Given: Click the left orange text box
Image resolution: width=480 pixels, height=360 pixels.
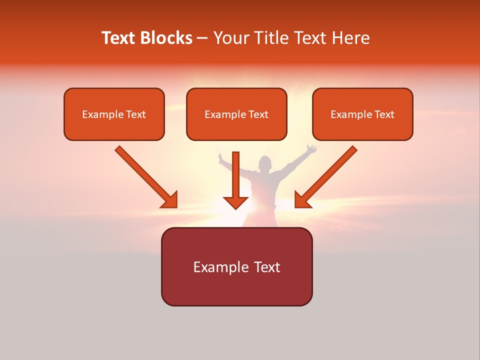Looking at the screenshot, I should [114, 114].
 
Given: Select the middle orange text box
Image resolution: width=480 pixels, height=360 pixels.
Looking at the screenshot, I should [236, 114].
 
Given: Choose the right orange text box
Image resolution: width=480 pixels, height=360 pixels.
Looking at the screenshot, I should [362, 114].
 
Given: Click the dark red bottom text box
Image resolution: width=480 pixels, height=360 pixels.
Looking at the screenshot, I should [236, 266].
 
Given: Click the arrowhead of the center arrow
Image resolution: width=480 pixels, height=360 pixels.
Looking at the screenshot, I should [235, 202].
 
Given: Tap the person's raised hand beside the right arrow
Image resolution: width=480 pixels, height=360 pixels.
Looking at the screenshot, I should [311, 149].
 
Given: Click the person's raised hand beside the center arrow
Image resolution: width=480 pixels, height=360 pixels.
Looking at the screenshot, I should [221, 157].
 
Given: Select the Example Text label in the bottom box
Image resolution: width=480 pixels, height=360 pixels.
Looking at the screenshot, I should [236, 266].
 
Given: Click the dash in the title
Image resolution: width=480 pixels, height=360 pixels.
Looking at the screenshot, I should [202, 38].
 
